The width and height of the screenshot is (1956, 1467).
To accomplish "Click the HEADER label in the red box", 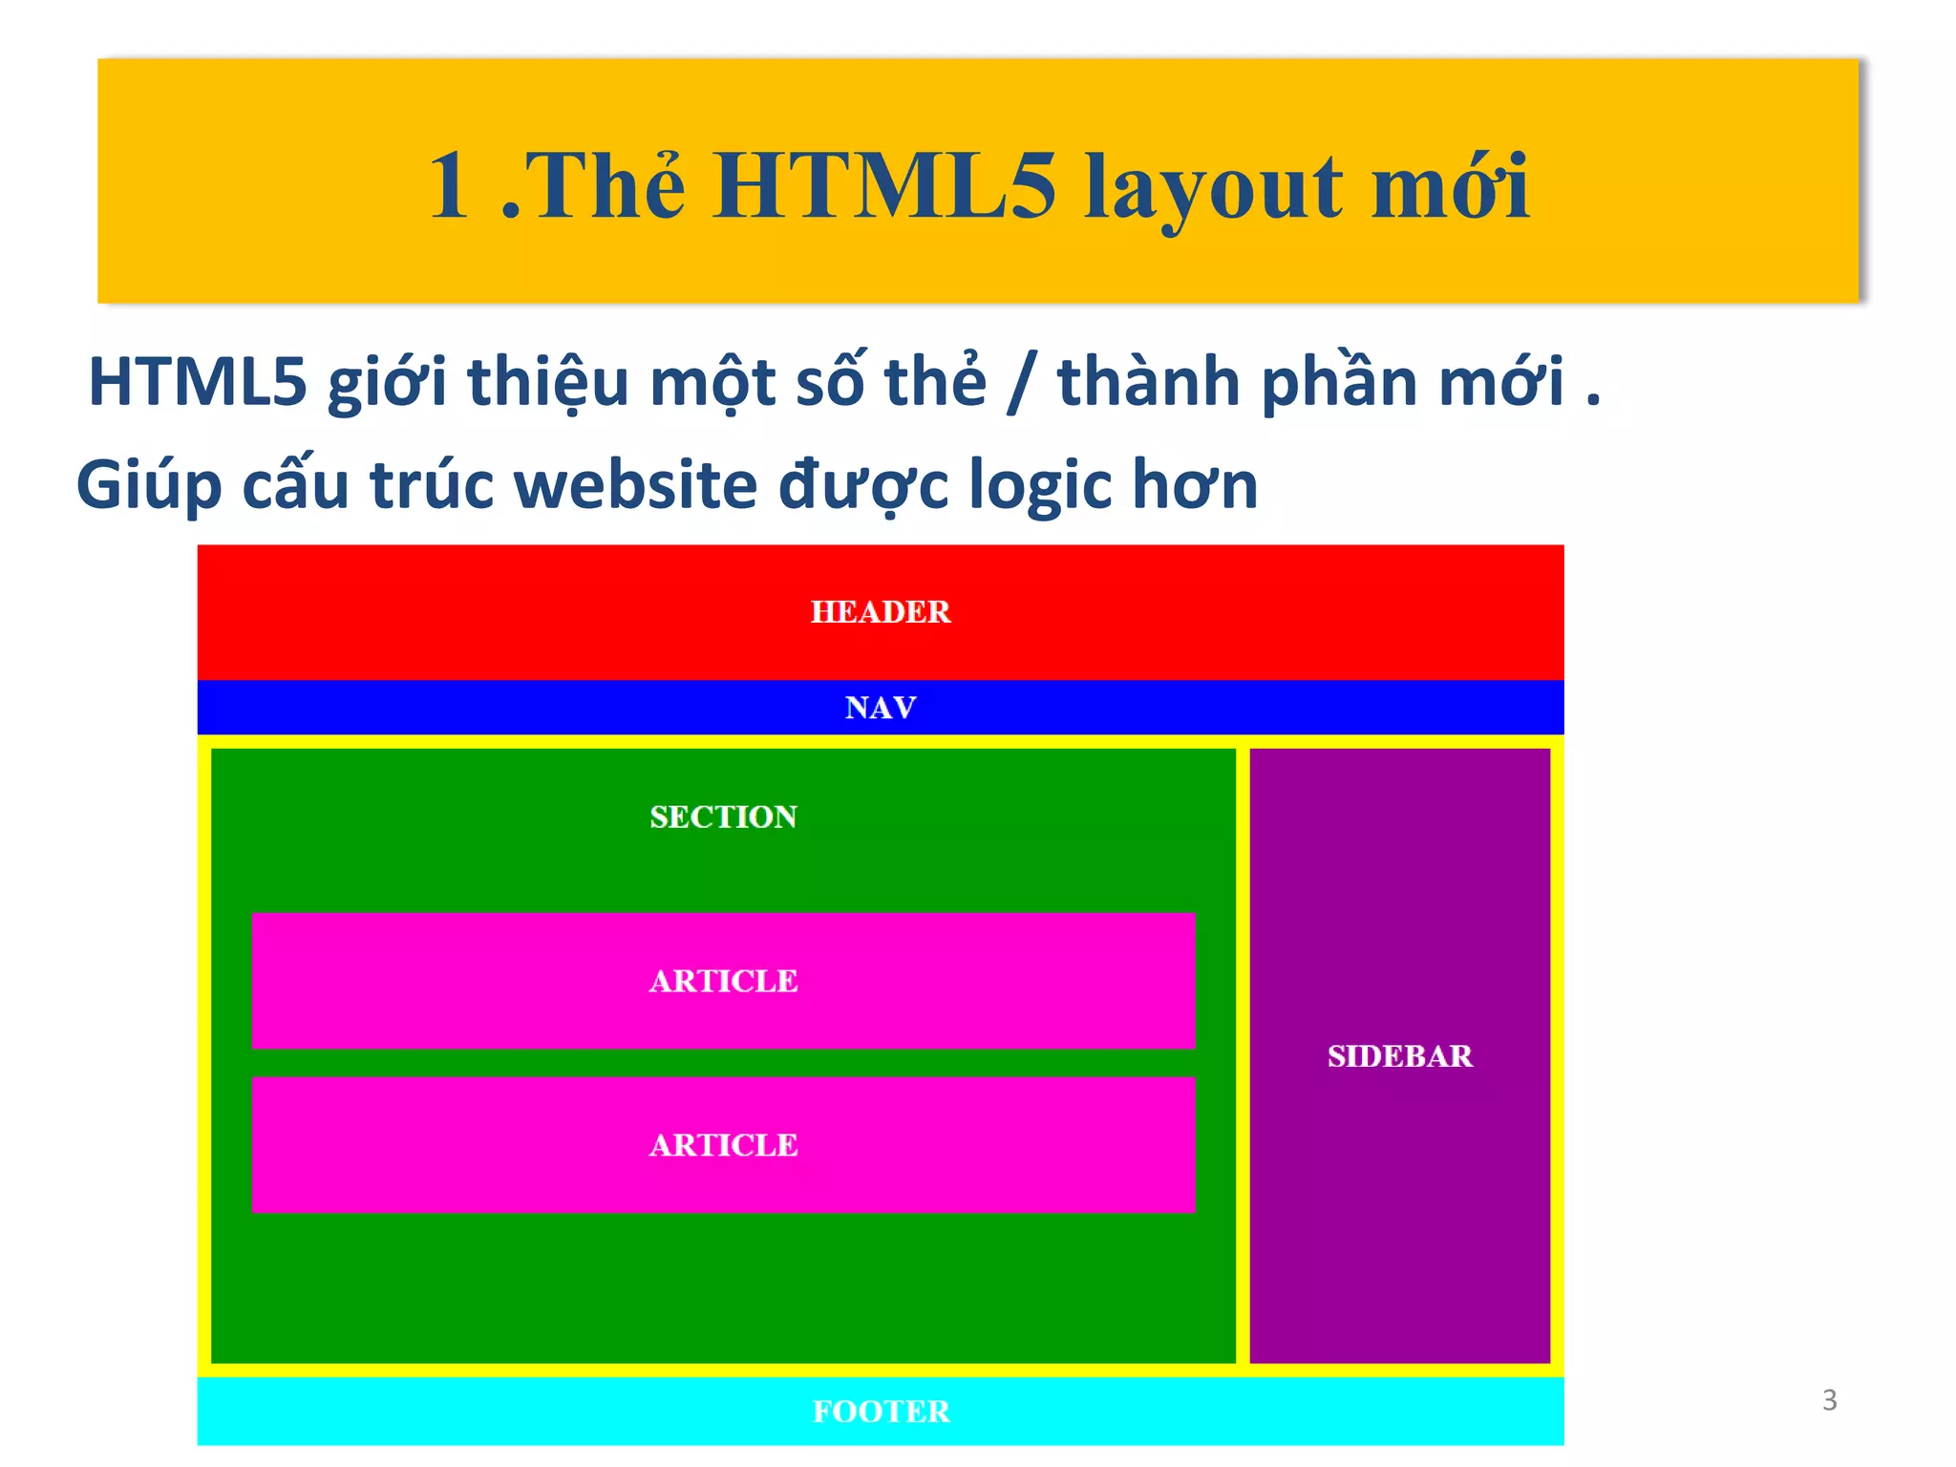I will coord(880,611).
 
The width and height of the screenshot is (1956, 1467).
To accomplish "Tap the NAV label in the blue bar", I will coord(880,708).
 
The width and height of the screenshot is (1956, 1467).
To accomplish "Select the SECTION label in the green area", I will coord(723,817).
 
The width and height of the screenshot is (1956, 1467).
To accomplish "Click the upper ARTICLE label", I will coord(723,981).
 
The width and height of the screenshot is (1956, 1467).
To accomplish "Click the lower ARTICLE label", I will coord(723,1145).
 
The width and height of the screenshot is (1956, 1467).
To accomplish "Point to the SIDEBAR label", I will coord(1399,1055).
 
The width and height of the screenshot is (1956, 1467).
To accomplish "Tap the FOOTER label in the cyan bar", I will coord(881,1412).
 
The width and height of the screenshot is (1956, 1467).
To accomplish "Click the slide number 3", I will coord(1829,1400).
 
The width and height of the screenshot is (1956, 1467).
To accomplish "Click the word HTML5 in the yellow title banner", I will coord(883,186).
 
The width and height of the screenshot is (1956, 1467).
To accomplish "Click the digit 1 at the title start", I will coord(449,186).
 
